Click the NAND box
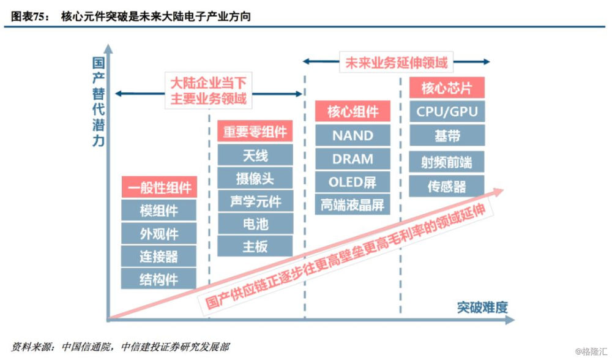(x=353, y=135)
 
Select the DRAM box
(x=353, y=159)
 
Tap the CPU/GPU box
(x=447, y=112)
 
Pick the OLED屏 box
(x=353, y=182)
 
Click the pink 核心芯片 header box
(x=447, y=88)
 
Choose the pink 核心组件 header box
(x=353, y=112)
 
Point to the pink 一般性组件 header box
(x=159, y=187)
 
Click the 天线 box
(x=255, y=156)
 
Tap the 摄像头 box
(x=255, y=178)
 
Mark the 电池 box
(x=255, y=223)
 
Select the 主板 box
(x=255, y=246)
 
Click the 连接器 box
(x=159, y=256)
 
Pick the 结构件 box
(x=159, y=279)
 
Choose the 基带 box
(x=447, y=135)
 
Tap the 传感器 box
(x=447, y=186)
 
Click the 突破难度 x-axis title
(x=482, y=307)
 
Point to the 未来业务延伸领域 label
(x=396, y=62)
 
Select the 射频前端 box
(x=447, y=162)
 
